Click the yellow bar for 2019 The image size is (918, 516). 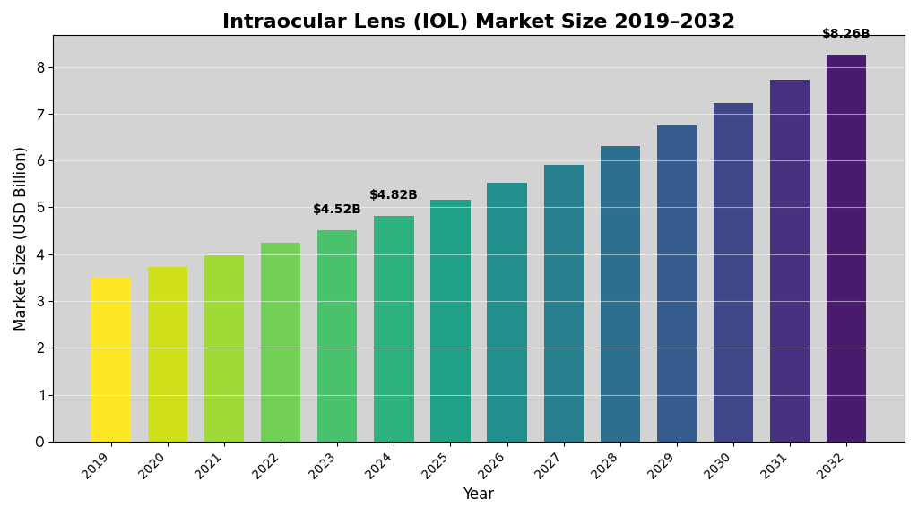point(110,359)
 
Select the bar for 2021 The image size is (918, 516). point(224,348)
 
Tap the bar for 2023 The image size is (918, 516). point(337,336)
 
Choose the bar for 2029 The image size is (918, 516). point(677,283)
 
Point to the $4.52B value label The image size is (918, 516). point(337,210)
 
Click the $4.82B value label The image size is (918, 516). point(394,195)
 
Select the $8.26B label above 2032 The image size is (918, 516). point(846,34)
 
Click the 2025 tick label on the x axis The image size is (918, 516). point(438,466)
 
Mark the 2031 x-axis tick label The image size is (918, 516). point(778,466)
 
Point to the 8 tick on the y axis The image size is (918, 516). point(39,67)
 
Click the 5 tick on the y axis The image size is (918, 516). point(39,208)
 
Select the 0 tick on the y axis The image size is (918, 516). point(39,442)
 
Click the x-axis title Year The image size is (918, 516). point(478,494)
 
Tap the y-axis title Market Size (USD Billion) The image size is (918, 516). point(21,238)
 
